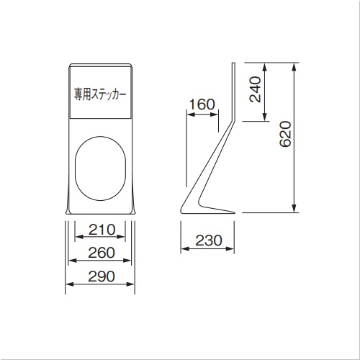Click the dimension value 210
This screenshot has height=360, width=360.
(102, 230)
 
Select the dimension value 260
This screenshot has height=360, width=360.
(102, 253)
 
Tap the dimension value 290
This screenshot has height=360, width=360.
(102, 276)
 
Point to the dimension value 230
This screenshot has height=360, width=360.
(209, 240)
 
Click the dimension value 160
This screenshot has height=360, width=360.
(202, 104)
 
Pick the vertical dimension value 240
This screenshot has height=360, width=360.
(255, 89)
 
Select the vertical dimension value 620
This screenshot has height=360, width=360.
(285, 134)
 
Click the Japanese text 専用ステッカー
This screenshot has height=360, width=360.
(100, 94)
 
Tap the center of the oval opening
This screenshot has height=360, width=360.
(100, 168)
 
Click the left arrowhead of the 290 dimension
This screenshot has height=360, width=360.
(70, 284)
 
